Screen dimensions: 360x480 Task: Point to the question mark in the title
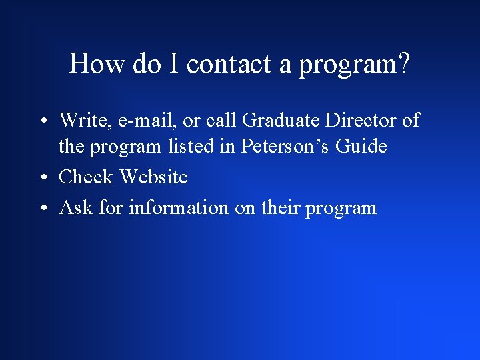pyautogui.click(x=403, y=64)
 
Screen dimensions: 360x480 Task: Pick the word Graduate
pyautogui.click(x=280, y=120)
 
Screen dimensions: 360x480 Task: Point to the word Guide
pyautogui.click(x=363, y=146)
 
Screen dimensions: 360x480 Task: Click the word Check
pyautogui.click(x=87, y=177)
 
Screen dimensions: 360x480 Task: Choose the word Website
pyautogui.click(x=153, y=177)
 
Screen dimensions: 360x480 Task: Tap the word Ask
pyautogui.click(x=76, y=207)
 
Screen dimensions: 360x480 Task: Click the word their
pyautogui.click(x=280, y=207)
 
